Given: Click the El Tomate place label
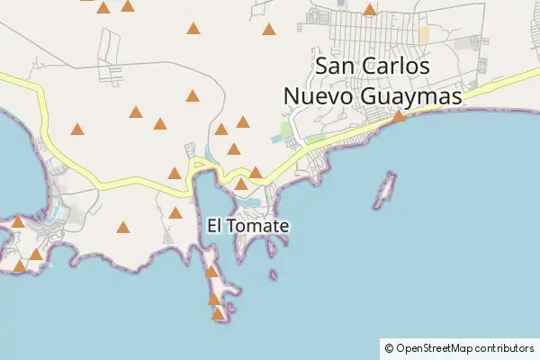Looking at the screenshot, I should (247, 226).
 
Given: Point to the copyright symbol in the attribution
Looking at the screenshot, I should (389, 347).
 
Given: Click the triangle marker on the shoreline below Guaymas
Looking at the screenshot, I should (399, 116).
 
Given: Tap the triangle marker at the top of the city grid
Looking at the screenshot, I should (370, 10).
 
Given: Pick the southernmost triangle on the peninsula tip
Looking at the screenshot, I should (218, 313).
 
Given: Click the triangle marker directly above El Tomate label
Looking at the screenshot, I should (240, 184).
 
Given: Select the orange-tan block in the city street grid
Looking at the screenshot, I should (424, 34).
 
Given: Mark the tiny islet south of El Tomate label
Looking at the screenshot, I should (273, 274).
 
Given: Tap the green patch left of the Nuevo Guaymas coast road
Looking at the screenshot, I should (286, 130).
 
